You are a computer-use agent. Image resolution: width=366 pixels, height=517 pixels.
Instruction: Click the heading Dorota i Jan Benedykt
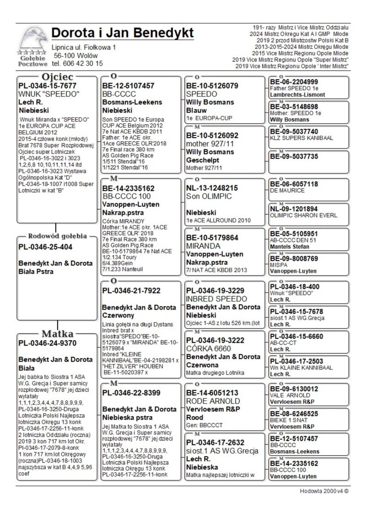click(x=122, y=33)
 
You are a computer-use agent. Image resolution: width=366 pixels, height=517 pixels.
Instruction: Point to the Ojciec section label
click(x=57, y=76)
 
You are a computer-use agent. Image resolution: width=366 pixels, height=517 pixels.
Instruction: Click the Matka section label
click(x=57, y=332)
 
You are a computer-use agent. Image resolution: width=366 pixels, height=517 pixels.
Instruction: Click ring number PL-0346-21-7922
click(x=131, y=291)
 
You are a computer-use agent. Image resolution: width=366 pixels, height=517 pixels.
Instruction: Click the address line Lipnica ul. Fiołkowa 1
click(x=84, y=47)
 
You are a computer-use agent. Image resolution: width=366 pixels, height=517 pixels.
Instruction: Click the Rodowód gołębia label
click(x=57, y=236)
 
